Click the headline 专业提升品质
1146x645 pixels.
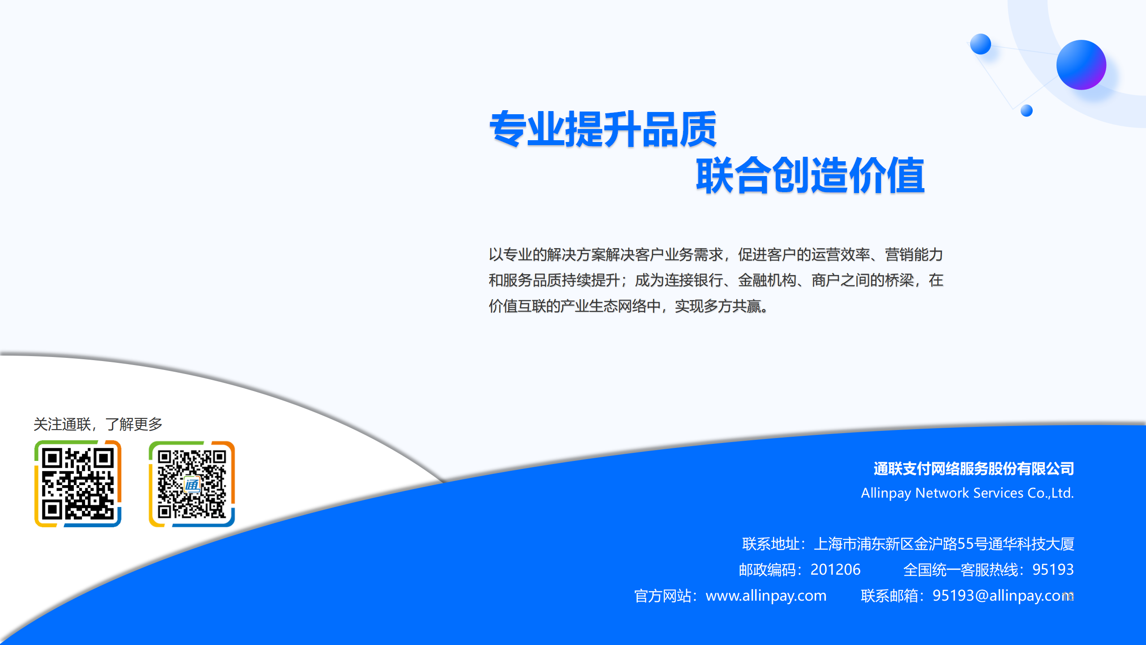point(603,129)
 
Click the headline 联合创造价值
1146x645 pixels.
point(810,175)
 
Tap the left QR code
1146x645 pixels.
point(78,484)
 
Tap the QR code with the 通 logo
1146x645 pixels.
point(192,484)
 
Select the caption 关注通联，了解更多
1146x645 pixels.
point(98,424)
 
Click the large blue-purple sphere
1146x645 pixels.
point(1081,65)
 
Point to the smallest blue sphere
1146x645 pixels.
point(1026,111)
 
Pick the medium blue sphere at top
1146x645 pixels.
point(980,44)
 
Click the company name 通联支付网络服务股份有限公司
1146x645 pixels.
point(974,469)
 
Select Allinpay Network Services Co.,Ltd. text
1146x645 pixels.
point(967,493)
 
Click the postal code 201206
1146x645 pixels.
point(835,569)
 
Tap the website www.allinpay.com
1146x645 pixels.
point(766,595)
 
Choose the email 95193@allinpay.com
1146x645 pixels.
point(1003,595)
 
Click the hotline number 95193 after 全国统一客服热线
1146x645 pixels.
point(1053,569)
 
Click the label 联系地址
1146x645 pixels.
point(770,544)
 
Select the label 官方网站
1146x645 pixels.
point(663,596)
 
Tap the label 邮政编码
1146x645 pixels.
point(767,570)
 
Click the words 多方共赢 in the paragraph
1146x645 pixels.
point(732,306)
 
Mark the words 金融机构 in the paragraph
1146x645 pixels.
point(767,280)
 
